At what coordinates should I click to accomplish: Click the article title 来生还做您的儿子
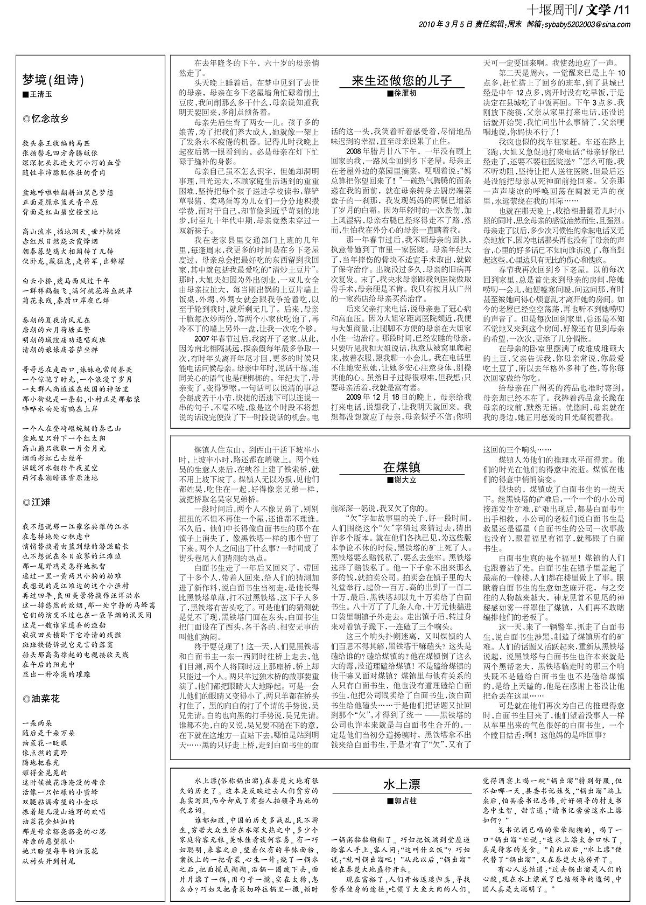coord(401,81)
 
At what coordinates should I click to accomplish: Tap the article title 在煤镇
coord(401,467)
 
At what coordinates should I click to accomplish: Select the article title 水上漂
coord(402,784)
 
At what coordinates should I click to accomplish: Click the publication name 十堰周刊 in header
coord(550,9)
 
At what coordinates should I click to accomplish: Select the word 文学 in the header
coord(597,9)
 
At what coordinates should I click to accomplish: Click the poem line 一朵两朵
coord(37,723)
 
